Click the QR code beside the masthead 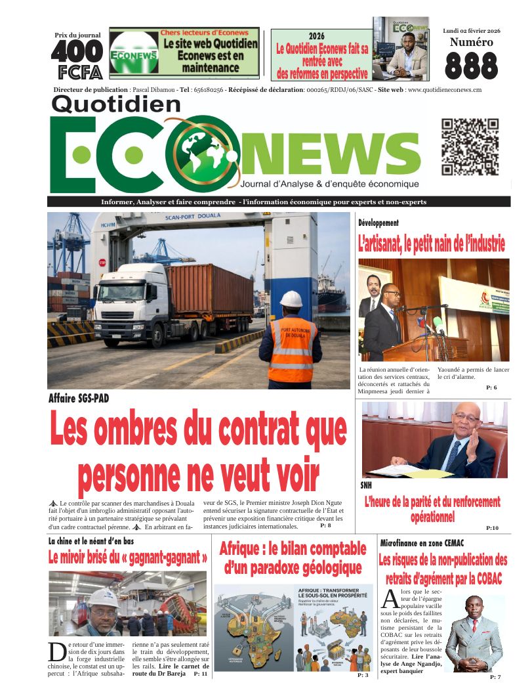(x=470, y=147)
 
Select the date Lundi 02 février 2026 (x=471, y=31)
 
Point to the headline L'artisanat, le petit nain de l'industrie (x=431, y=246)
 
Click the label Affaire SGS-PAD (x=79, y=398)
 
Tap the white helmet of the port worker (x=291, y=299)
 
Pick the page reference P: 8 (x=325, y=526)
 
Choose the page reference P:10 (x=492, y=528)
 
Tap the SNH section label (x=366, y=485)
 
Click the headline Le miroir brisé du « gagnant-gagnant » (x=128, y=558)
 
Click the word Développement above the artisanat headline (x=378, y=223)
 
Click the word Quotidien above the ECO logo (x=115, y=104)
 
